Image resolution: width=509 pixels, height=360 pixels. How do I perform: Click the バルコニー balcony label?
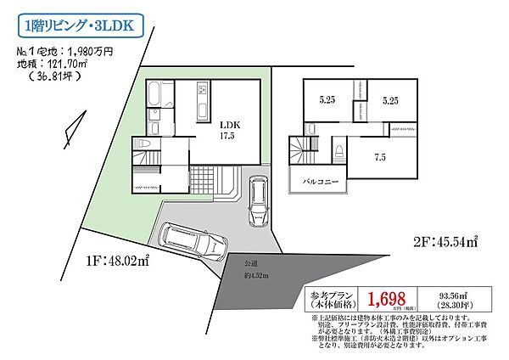coord(316,182)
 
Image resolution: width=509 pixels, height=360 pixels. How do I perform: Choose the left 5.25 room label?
coord(327,100)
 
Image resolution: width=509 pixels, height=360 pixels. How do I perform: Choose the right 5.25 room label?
coord(390,100)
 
